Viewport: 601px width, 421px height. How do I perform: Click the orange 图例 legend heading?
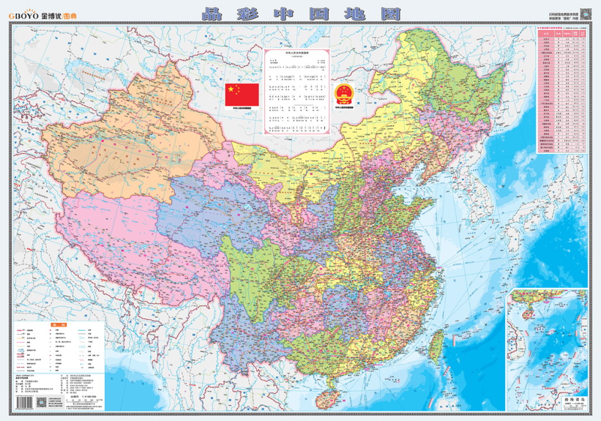coord(58,324)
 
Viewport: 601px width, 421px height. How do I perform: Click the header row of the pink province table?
coord(562,33)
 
